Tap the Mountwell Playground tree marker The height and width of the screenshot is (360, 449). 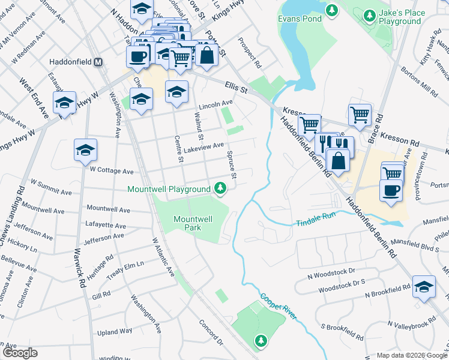(x=221, y=189)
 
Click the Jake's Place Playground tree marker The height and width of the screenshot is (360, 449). (x=371, y=13)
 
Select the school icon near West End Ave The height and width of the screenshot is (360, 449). (x=64, y=103)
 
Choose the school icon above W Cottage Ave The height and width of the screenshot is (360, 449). (x=86, y=150)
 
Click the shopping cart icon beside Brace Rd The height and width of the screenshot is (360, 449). (x=359, y=113)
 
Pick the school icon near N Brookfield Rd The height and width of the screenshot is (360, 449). (x=424, y=287)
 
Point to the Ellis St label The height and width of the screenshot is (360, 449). (x=237, y=88)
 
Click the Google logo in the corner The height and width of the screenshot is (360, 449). (x=19, y=353)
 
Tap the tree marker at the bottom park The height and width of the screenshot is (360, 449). (x=261, y=341)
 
